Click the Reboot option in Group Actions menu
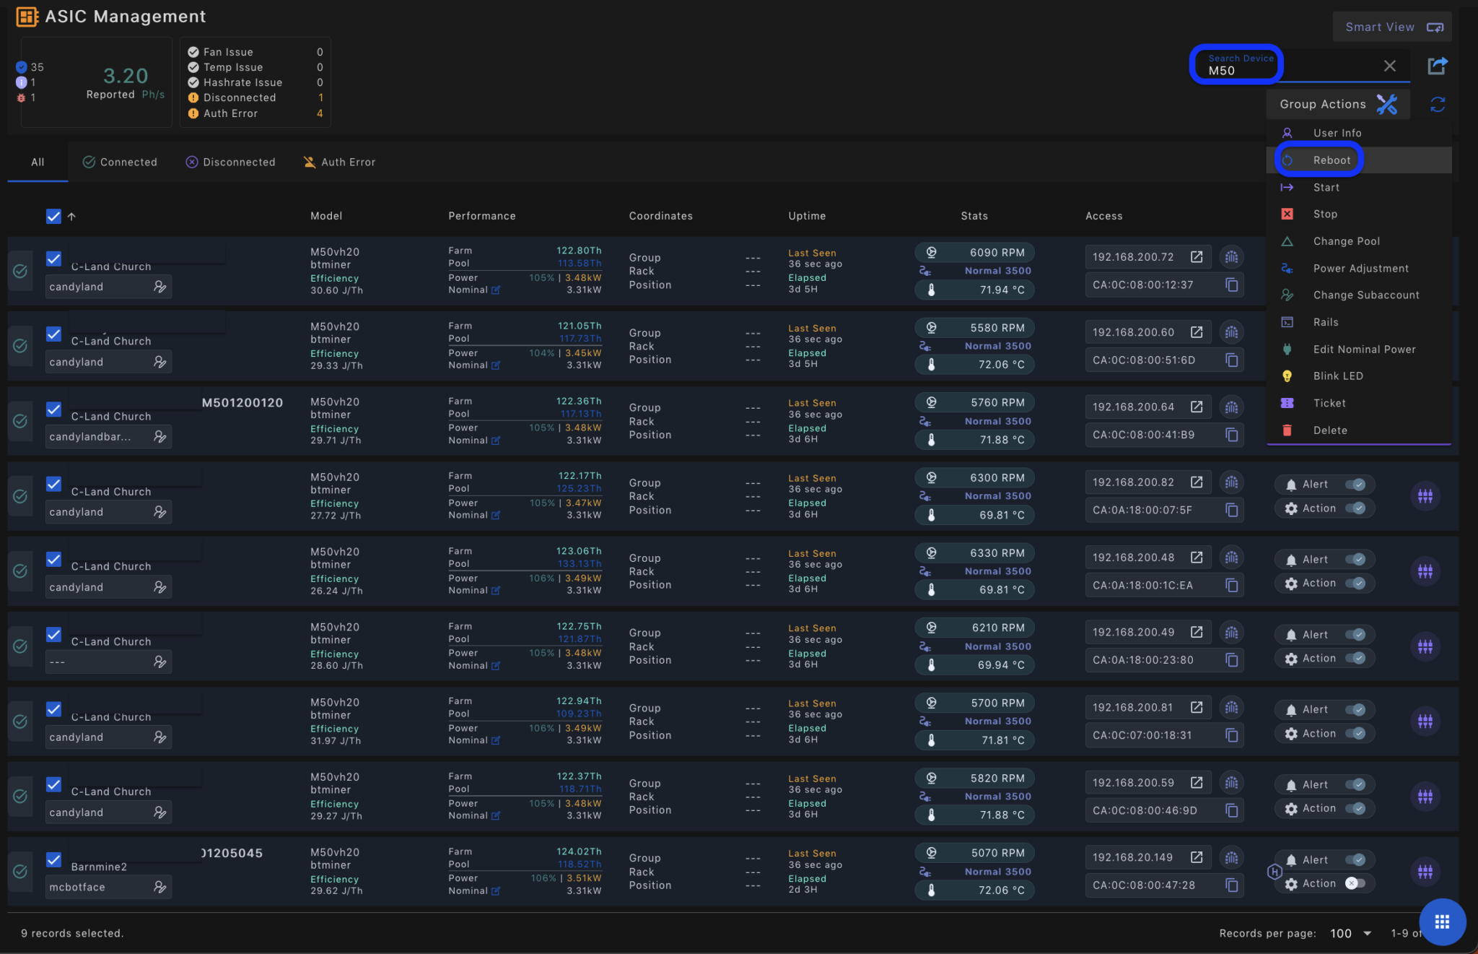tap(1331, 160)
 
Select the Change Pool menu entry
tap(1346, 241)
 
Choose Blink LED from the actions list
tap(1337, 376)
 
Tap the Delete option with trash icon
tap(1329, 430)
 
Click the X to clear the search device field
tap(1389, 66)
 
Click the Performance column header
tap(481, 216)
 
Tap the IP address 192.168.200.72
tap(1132, 257)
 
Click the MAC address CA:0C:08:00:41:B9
tap(1143, 435)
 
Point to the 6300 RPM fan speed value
tap(997, 478)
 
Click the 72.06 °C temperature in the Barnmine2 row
tap(1001, 890)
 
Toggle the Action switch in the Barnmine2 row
tap(1355, 884)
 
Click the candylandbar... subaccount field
tap(90, 437)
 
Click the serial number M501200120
tap(242, 403)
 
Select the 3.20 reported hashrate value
tap(126, 76)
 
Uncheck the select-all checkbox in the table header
tap(53, 217)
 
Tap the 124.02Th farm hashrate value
tap(579, 852)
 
